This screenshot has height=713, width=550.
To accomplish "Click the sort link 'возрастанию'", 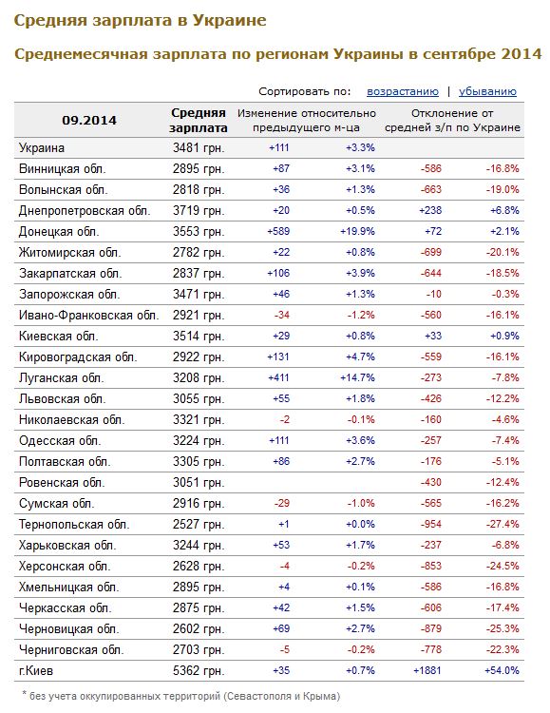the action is pos(403,91).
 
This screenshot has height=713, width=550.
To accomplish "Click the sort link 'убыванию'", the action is pos(487,91).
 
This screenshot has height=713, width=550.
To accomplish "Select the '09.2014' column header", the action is pos(89,121).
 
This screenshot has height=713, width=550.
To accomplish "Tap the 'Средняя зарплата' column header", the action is pos(199,121).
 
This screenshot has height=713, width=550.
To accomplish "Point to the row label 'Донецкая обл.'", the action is pos(59,231).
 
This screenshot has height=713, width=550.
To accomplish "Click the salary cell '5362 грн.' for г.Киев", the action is pos(199,670).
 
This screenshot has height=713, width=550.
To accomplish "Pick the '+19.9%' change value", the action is pos(358,231).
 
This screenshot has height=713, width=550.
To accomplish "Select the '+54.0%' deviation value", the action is pos(502,670).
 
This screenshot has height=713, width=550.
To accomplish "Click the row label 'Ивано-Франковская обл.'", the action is pos(89,315).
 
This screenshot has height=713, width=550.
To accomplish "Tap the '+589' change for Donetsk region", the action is pos(278,231).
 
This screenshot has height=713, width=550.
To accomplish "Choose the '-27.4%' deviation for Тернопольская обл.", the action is pos(503,524).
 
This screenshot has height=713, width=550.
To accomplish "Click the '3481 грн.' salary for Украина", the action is pos(199,147).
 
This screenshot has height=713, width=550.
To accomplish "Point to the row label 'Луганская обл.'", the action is pos(62,377).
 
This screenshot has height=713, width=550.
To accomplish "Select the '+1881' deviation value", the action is pos(427,670).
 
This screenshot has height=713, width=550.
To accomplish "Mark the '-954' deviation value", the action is pos(431,524).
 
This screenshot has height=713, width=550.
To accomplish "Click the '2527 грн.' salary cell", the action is pos(199,524).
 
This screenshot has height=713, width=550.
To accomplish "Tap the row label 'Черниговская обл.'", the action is pos(71,650).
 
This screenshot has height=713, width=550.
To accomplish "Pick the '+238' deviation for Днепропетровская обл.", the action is pos(430,210).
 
